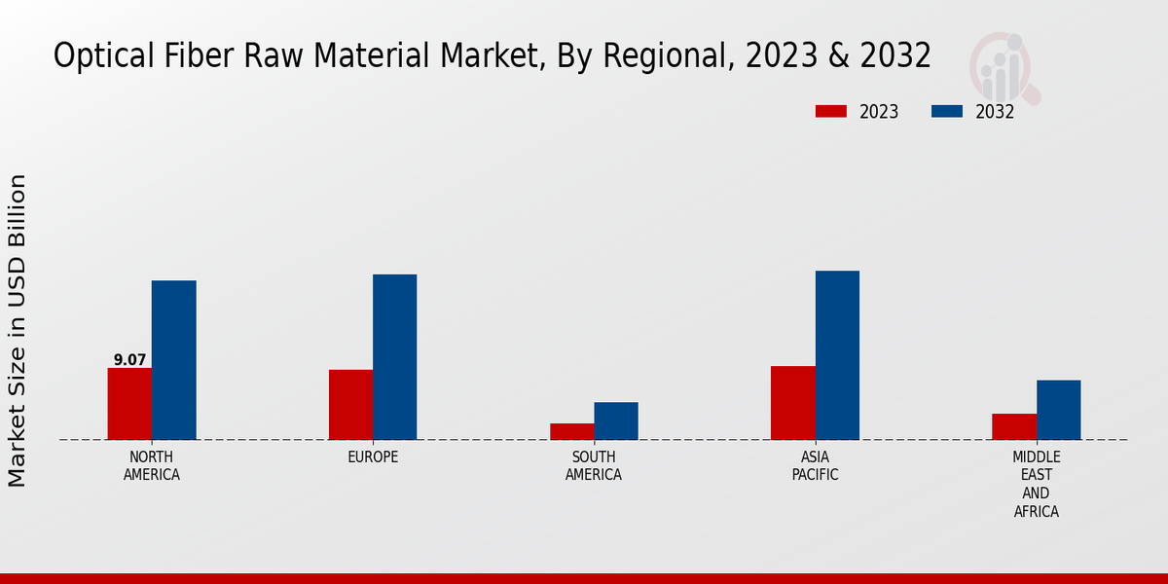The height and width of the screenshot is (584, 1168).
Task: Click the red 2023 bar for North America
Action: click(x=129, y=404)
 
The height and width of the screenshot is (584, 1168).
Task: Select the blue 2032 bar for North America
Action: click(x=173, y=360)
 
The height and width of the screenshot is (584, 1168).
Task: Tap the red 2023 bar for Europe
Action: click(x=350, y=405)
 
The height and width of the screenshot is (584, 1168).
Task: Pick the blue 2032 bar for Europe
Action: click(x=394, y=357)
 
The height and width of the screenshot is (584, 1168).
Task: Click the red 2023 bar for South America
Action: click(x=571, y=431)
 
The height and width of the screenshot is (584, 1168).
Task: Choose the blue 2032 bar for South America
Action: click(x=616, y=420)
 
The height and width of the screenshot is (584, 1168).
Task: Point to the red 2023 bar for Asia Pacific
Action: click(x=792, y=403)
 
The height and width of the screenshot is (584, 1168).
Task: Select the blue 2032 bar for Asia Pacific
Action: click(x=837, y=355)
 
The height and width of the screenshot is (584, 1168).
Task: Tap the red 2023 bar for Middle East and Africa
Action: click(x=1014, y=426)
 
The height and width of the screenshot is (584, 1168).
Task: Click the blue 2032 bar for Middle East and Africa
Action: click(x=1058, y=410)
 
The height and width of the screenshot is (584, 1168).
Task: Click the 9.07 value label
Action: click(x=129, y=360)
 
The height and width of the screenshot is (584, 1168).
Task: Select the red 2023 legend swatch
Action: click(x=830, y=111)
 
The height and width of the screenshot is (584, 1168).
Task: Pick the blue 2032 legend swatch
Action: click(x=946, y=111)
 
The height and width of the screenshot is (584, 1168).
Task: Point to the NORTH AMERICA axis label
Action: click(x=152, y=466)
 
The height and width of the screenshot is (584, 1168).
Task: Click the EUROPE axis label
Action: click(x=373, y=457)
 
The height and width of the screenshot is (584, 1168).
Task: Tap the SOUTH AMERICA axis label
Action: click(x=594, y=466)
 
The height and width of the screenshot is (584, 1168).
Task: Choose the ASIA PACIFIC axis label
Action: click(x=815, y=466)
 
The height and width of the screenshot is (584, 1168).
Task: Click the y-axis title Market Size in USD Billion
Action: click(x=18, y=331)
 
